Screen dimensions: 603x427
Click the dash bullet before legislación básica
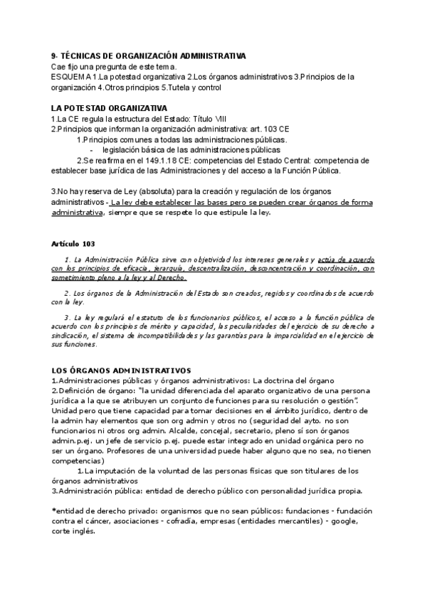[92, 150]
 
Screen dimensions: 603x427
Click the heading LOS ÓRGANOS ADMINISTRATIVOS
[121, 370]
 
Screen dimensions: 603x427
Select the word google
[341, 521]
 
